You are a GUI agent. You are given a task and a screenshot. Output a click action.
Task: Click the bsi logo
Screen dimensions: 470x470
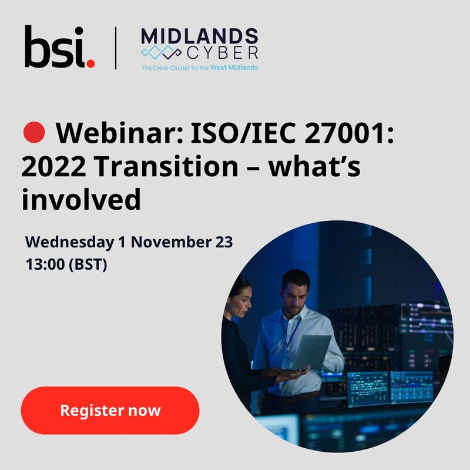click(59, 47)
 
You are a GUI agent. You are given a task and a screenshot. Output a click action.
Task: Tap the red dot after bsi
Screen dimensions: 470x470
click(90, 63)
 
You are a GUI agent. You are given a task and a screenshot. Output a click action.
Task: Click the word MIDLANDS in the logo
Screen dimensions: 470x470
click(199, 36)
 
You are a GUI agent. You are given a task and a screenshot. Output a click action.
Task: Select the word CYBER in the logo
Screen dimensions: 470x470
click(223, 53)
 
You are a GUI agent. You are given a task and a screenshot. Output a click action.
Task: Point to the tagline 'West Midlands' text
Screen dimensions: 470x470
click(234, 68)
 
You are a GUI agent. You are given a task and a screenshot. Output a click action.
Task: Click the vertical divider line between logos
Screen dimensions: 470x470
click(116, 48)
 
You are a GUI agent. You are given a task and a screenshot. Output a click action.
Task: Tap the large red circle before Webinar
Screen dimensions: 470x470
click(34, 132)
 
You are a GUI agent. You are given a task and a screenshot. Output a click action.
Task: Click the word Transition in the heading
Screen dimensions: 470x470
click(166, 166)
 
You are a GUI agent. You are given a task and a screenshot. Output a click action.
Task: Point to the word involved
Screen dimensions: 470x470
click(81, 199)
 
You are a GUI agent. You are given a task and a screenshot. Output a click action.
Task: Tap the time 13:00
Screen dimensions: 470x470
click(45, 264)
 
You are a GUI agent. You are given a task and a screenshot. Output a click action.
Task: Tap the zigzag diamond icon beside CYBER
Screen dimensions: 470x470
click(161, 53)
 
